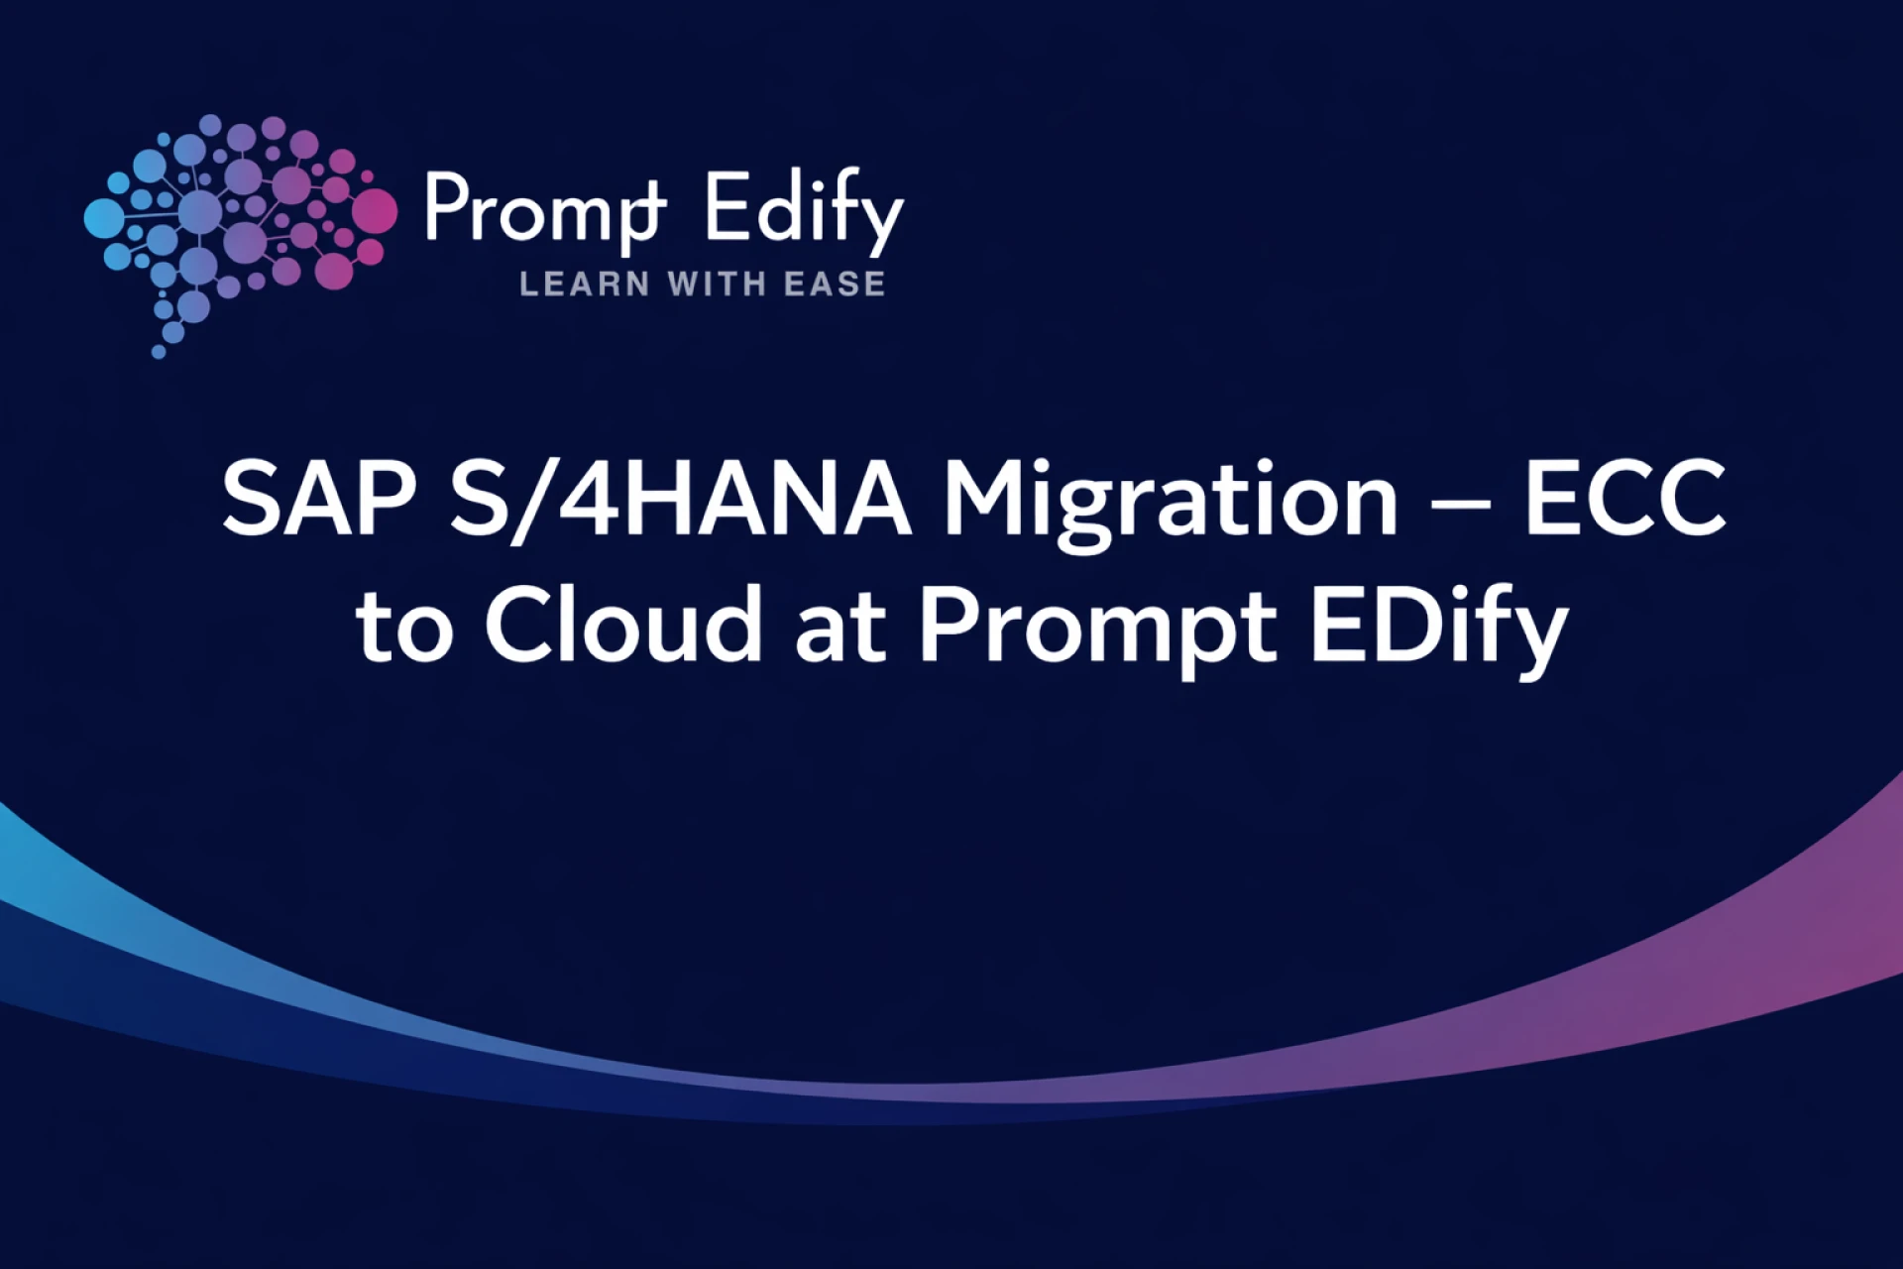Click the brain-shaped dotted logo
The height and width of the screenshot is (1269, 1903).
pyautogui.click(x=238, y=233)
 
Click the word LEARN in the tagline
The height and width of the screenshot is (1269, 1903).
pyautogui.click(x=585, y=285)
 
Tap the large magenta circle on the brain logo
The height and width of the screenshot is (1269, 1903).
pyautogui.click(x=374, y=210)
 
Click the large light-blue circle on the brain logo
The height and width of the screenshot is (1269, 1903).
pyautogui.click(x=103, y=219)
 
